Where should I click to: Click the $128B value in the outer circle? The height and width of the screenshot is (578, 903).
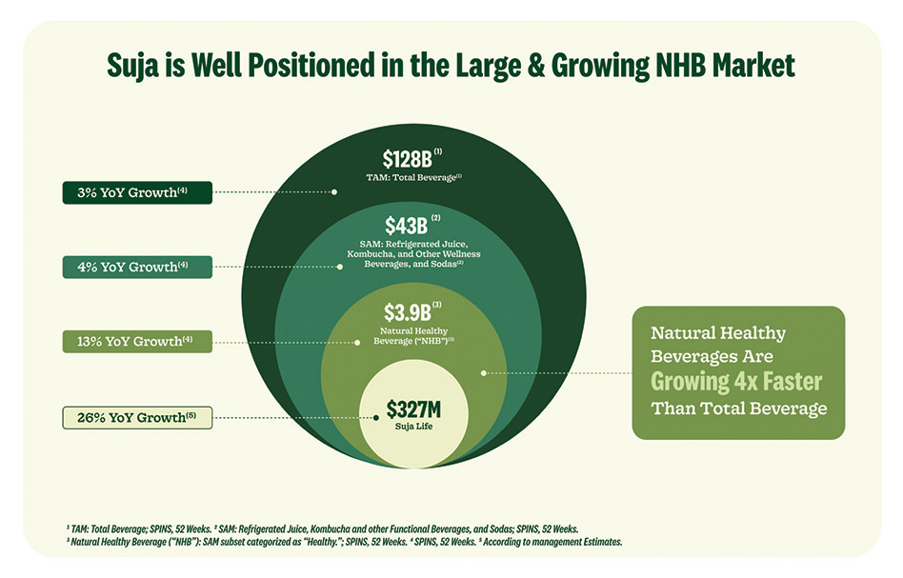(408, 159)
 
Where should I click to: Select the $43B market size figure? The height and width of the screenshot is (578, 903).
(407, 227)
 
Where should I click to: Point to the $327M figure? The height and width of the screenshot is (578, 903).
(414, 410)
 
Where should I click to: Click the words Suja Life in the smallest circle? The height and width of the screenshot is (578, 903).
(414, 428)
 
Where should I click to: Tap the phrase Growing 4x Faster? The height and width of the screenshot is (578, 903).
(736, 383)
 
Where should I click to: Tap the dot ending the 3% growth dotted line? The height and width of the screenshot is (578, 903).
(334, 191)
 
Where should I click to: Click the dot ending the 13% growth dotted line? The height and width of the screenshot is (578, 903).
(357, 341)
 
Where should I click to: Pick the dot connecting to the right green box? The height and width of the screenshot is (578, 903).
(484, 372)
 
